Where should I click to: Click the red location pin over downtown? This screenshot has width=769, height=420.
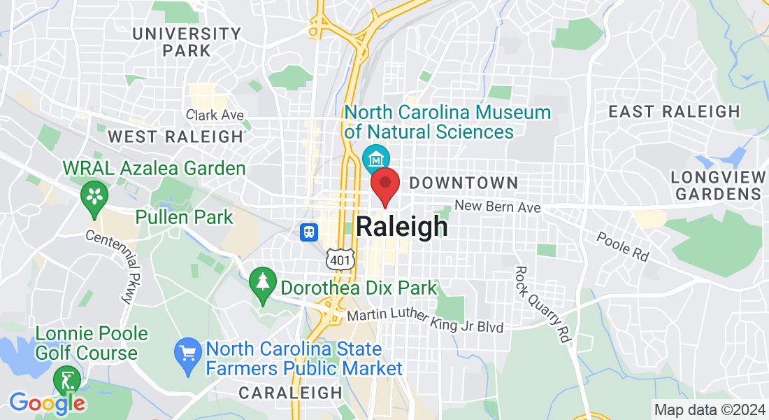coord(384,185)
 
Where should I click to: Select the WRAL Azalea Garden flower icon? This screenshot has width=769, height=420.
coord(94,195)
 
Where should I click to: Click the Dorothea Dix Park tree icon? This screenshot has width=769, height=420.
coord(263,283)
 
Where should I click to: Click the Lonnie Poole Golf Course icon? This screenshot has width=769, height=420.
coord(67,381)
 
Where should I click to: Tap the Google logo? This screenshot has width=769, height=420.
coord(47,403)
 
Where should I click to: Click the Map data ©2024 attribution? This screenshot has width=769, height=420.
coord(707,409)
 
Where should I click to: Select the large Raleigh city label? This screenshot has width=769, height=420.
coord(402,227)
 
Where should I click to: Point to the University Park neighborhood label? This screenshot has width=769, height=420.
coord(186,42)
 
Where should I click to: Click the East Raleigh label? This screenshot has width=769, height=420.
coord(674,111)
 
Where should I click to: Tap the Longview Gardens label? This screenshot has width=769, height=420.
coord(716,185)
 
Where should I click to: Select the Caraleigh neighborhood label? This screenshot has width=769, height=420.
coord(290,393)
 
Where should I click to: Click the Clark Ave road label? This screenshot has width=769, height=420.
coord(215,115)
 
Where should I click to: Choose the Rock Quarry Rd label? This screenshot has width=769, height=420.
coord(542,303)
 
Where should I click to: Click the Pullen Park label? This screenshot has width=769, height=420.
coord(185,217)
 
